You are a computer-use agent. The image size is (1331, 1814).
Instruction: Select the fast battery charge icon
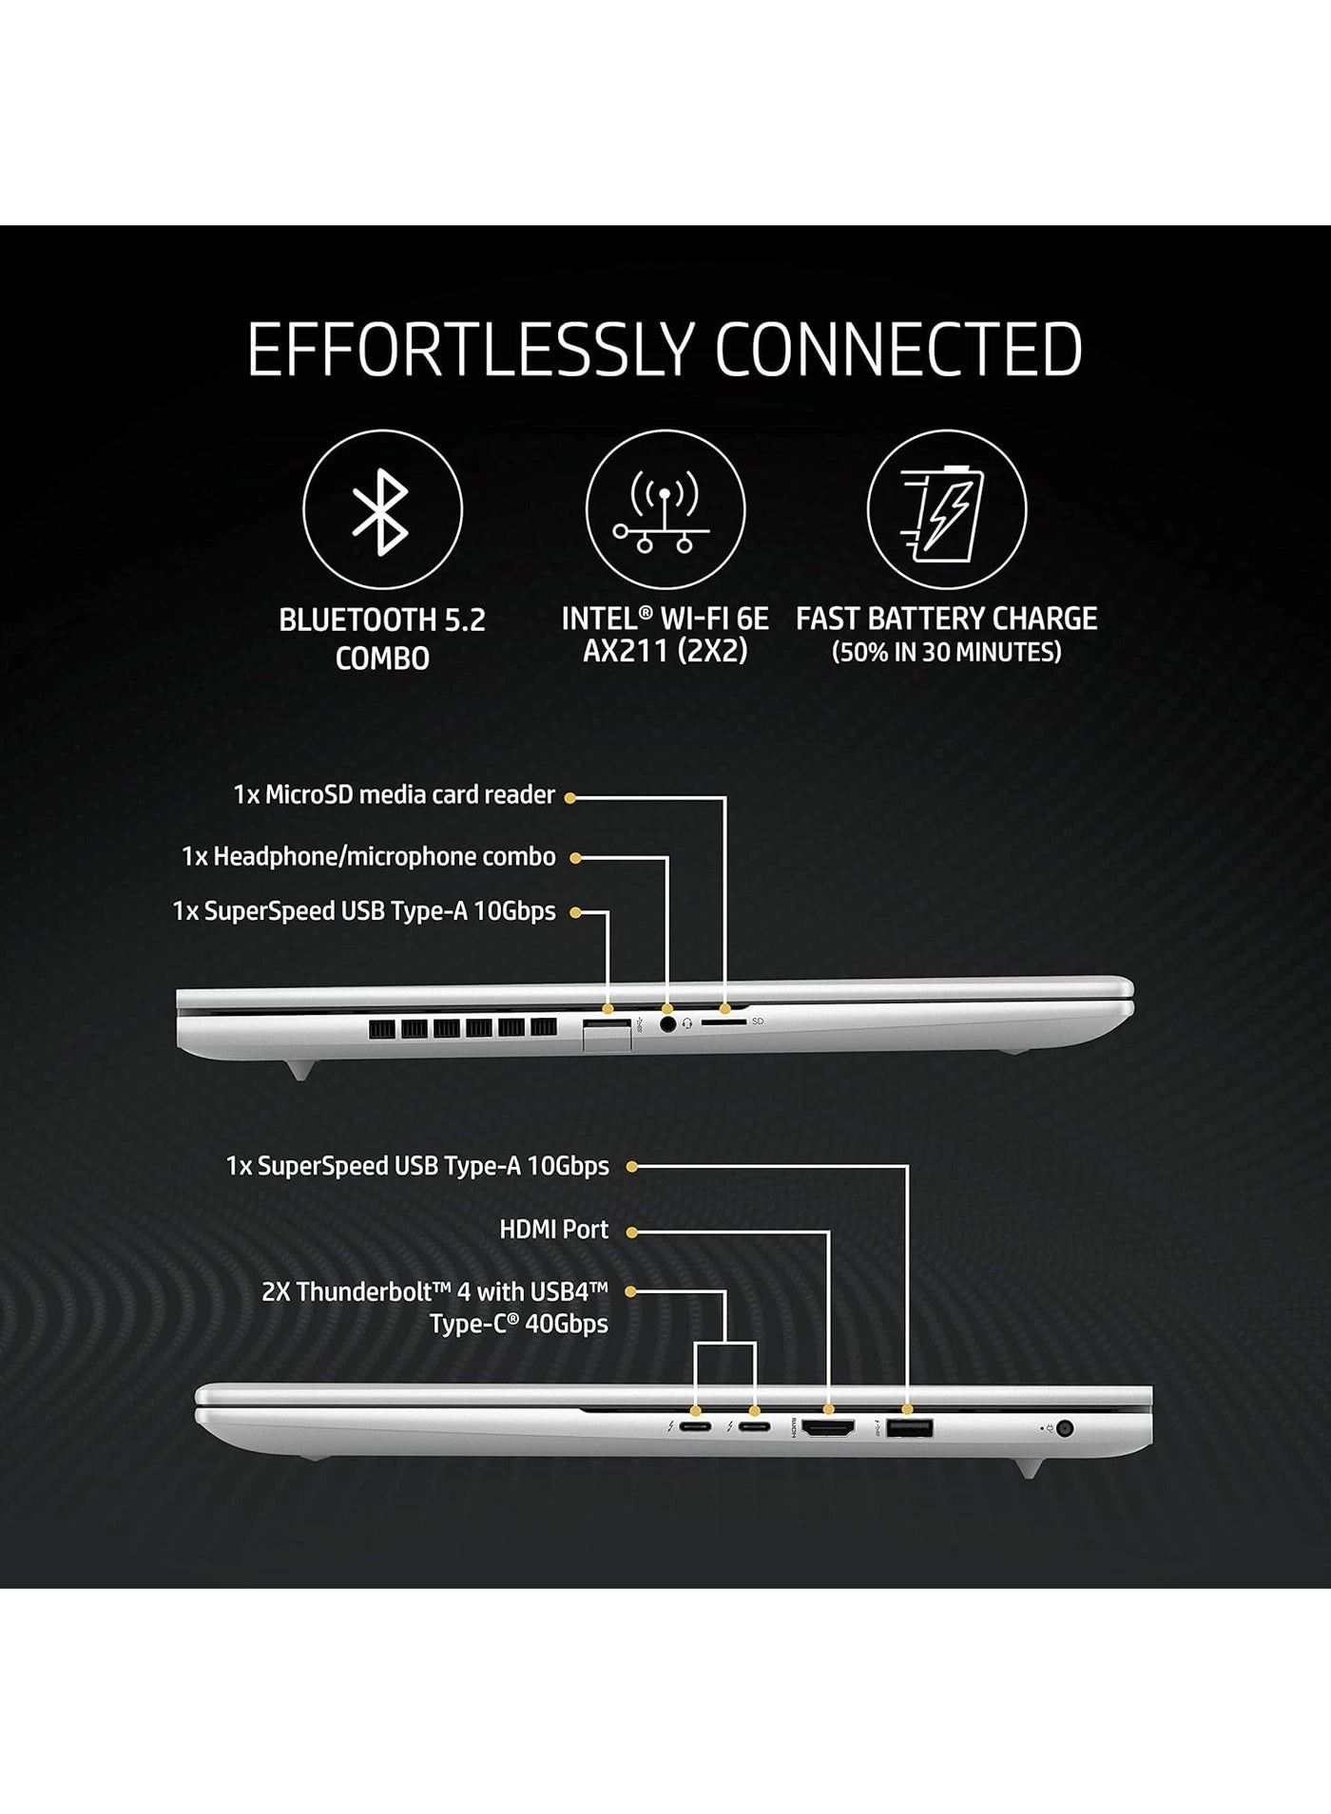(947, 509)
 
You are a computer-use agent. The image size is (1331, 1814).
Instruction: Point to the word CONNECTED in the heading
(898, 350)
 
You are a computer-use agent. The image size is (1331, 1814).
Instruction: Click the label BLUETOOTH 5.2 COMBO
(382, 639)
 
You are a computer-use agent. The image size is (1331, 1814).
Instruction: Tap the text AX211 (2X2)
(665, 652)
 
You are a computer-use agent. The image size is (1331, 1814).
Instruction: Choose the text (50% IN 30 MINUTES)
(947, 653)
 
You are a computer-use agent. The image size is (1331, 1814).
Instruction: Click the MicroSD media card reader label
(395, 794)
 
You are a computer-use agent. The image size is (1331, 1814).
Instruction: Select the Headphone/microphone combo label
(369, 857)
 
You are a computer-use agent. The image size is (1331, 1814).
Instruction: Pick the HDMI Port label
(554, 1230)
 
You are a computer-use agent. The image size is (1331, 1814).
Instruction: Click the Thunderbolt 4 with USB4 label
(434, 1308)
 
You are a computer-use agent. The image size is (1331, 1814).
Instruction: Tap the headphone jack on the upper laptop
(668, 1024)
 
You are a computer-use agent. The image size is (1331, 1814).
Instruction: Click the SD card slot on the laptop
(723, 1022)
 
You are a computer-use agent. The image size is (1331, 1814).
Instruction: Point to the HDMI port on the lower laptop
(828, 1427)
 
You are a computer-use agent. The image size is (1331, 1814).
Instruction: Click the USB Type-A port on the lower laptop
(910, 1427)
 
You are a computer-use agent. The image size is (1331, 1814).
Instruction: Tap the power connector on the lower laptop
(1065, 1428)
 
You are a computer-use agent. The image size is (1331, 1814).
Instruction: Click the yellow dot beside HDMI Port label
(631, 1232)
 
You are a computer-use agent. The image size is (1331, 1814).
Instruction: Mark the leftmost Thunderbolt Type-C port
(695, 1427)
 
